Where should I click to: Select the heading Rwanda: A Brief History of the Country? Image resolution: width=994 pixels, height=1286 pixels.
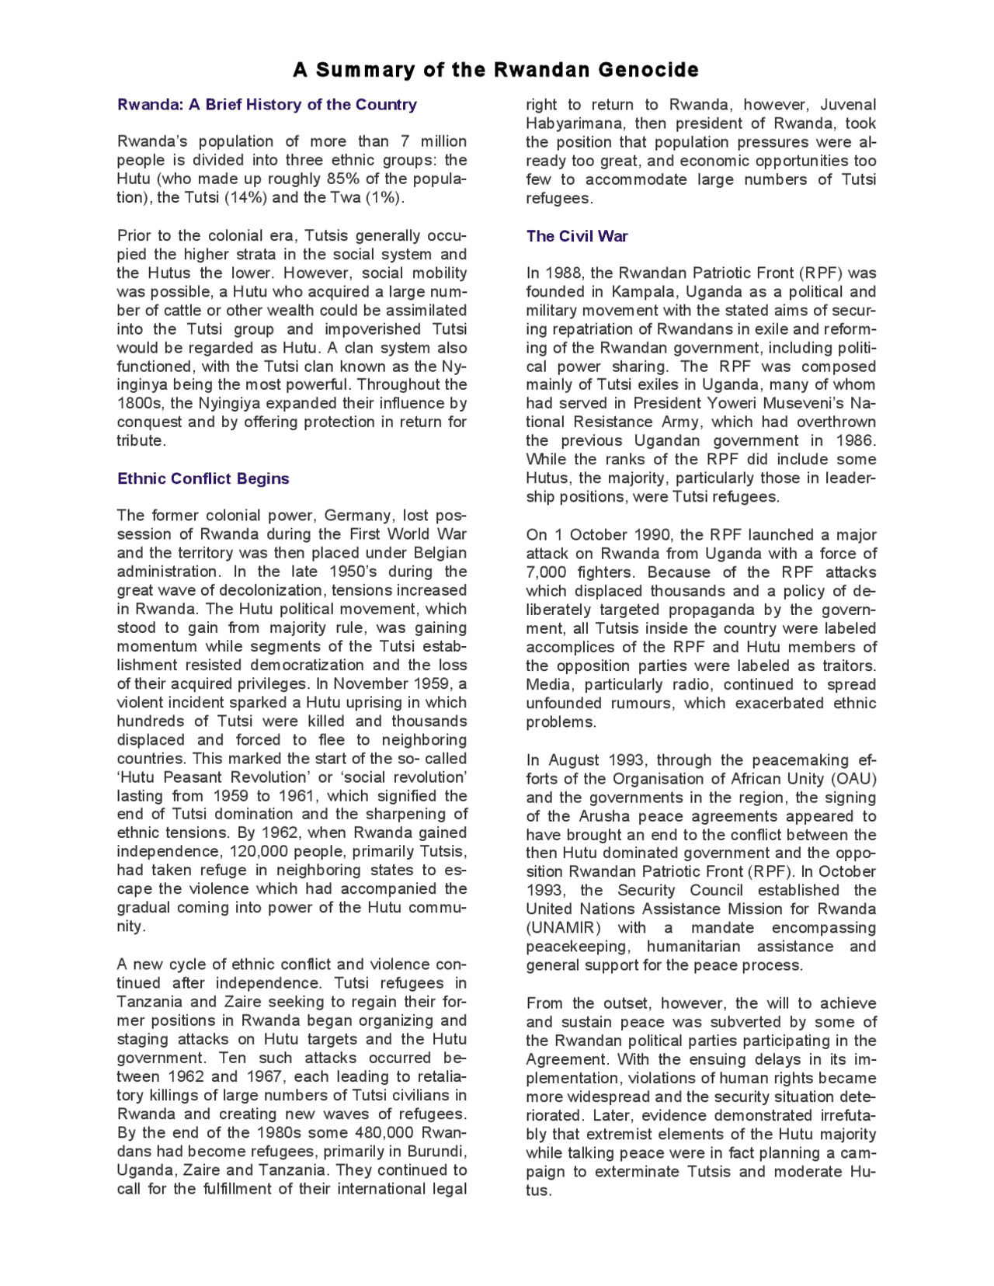coord(266,105)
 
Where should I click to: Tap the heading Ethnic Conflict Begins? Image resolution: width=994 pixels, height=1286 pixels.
coord(203,478)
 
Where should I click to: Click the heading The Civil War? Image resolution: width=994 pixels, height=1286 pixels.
coord(576,236)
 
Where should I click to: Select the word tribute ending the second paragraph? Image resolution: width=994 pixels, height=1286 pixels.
coord(140,440)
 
